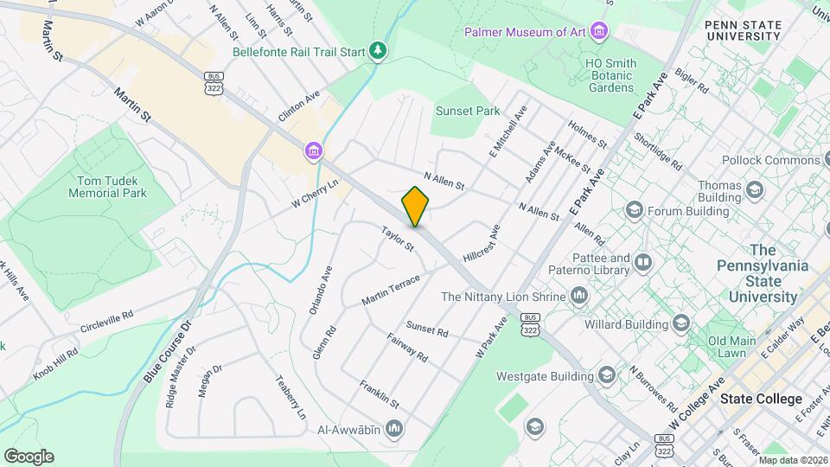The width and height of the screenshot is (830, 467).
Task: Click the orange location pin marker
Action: [416, 207]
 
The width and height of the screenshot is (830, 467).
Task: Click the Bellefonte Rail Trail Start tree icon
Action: [378, 51]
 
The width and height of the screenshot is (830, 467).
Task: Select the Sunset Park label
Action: [468, 111]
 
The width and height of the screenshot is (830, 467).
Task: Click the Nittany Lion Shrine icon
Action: [578, 297]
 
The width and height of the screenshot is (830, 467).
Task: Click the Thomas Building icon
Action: [755, 189]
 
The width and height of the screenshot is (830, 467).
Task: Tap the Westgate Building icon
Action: [605, 375]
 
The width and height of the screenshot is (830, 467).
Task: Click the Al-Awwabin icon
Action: [394, 428]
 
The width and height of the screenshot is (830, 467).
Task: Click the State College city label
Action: [761, 399]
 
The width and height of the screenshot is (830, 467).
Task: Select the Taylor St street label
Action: [399, 239]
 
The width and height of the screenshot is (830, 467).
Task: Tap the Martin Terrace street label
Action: [391, 289]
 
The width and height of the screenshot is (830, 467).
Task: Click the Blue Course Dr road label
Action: [167, 352]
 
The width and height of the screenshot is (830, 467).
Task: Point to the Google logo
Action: [29, 457]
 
